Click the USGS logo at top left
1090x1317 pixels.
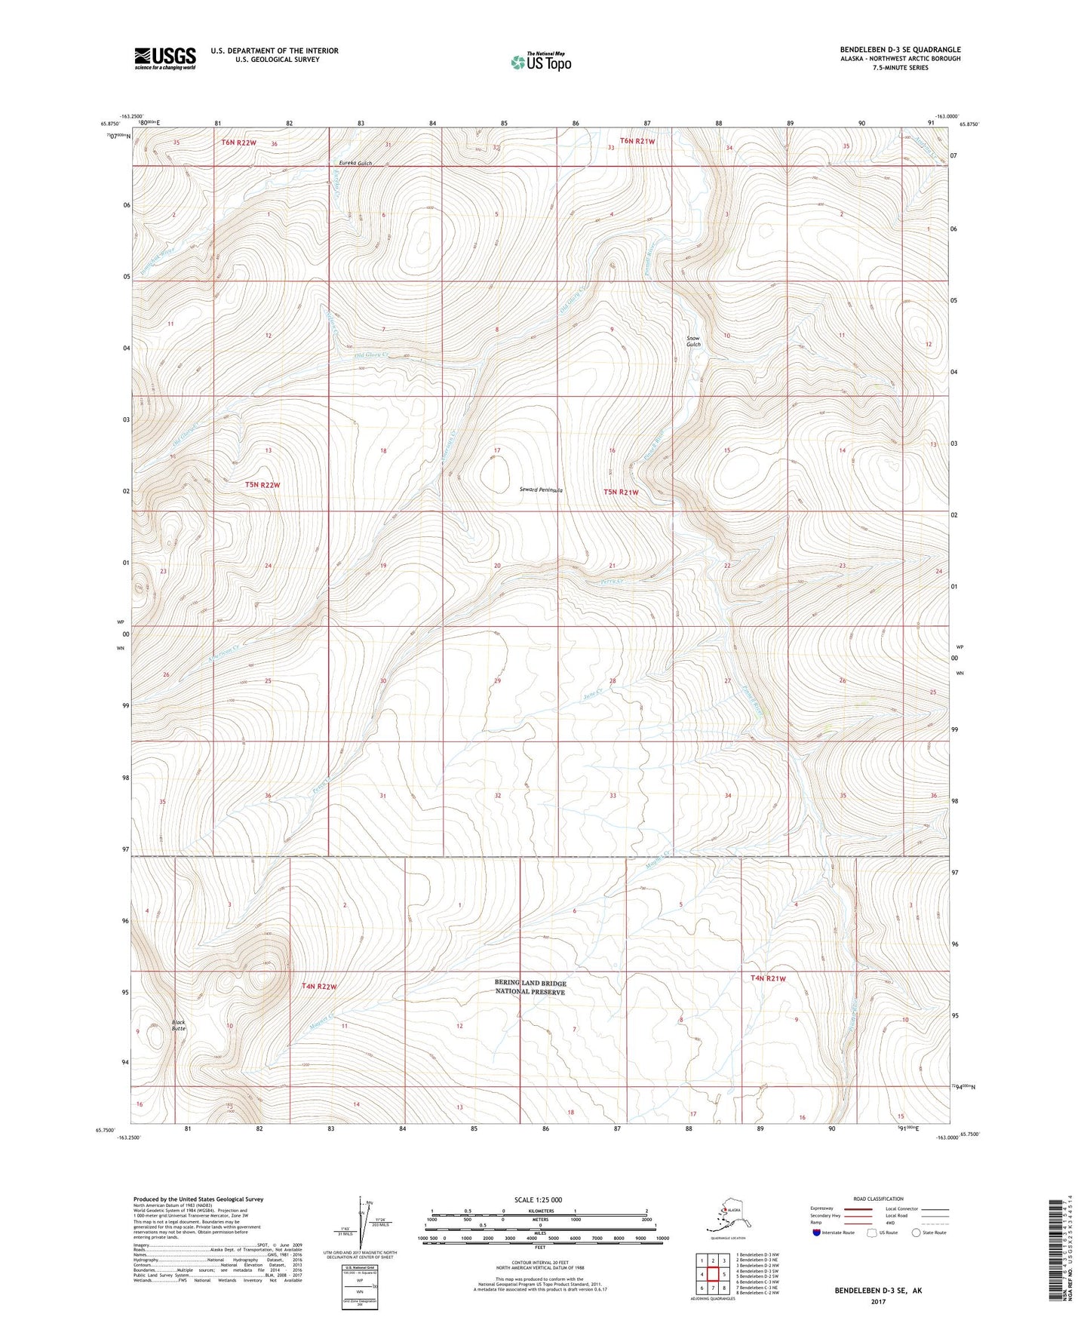click(164, 58)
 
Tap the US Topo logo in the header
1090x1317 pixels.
click(540, 61)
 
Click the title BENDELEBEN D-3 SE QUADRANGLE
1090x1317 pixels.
click(900, 50)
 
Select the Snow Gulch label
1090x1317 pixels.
click(692, 341)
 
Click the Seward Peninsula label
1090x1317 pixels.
click(541, 490)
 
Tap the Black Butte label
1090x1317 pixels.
click(178, 1025)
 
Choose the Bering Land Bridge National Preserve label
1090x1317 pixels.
click(530, 987)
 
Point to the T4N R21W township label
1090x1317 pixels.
click(767, 978)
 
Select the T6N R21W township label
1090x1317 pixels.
click(637, 141)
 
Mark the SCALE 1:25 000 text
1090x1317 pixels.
click(539, 1199)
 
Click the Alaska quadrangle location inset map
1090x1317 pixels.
click(727, 1219)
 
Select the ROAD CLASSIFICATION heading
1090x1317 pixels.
click(877, 1199)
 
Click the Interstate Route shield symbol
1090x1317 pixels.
click(816, 1233)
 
